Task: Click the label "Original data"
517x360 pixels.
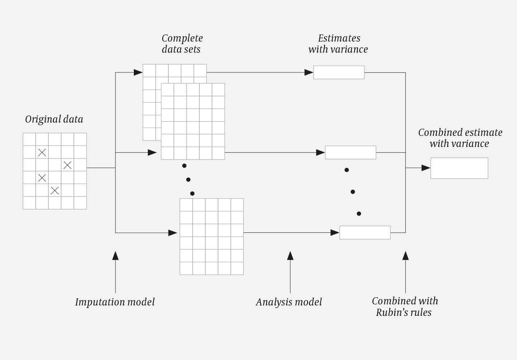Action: pos(54,119)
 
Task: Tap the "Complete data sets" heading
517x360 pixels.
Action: pos(182,44)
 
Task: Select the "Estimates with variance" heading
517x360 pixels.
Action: pos(338,44)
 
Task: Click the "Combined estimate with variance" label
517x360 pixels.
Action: pos(460,138)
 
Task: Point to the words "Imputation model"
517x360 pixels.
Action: pos(115,302)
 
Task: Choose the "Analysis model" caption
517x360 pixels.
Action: pos(289,302)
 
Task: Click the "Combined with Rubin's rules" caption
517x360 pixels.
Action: pos(404,307)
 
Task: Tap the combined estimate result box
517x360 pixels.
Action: pos(459,168)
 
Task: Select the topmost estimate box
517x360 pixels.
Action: pos(339,72)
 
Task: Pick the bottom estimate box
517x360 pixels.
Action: pos(365,233)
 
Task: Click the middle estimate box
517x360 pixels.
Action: pos(351,152)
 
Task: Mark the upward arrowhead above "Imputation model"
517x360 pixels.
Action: pos(115,255)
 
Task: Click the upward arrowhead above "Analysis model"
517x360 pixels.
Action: pos(290,255)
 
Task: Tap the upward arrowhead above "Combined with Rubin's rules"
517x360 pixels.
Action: pos(405,255)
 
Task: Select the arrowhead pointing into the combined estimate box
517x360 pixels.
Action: pos(426,168)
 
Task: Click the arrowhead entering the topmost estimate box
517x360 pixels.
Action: pos(309,72)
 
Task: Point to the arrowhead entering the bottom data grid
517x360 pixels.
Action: pos(173,233)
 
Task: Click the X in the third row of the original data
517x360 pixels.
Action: pos(67,165)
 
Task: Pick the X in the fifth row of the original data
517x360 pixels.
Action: pos(55,191)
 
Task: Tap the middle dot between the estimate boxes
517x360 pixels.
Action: pos(353,192)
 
